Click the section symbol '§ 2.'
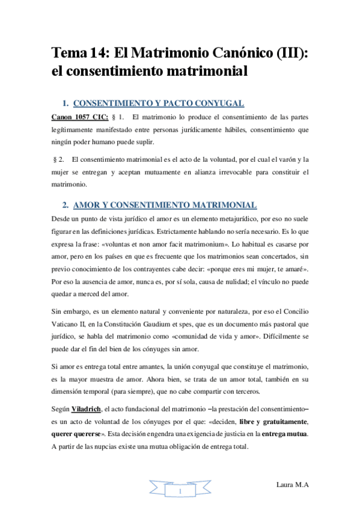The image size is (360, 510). [58, 159]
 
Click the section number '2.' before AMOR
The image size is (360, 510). [67, 204]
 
